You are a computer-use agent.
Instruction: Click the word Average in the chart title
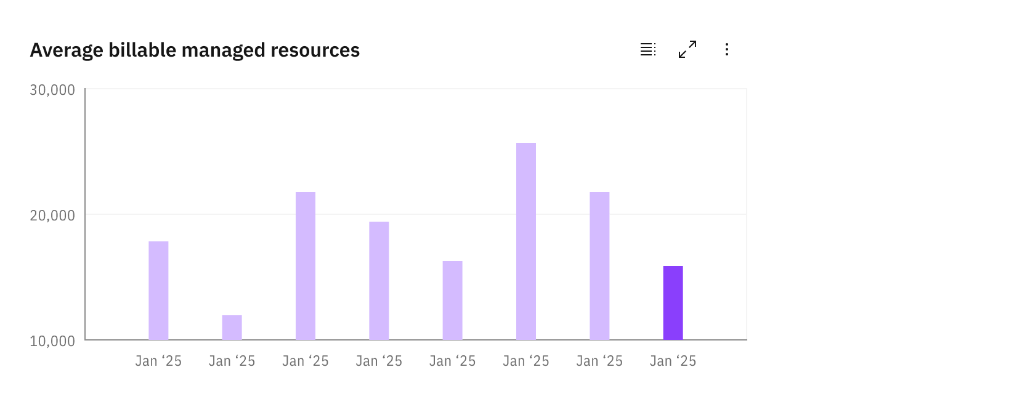[x=67, y=50]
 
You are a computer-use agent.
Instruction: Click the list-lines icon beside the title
[x=647, y=49]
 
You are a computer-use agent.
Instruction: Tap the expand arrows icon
[x=687, y=49]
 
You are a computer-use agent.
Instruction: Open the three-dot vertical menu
[x=727, y=49]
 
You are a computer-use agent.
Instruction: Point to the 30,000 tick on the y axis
[x=52, y=90]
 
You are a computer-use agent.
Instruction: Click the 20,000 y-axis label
[x=52, y=216]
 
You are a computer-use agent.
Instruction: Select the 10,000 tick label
[x=52, y=341]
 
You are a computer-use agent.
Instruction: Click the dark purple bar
[x=673, y=303]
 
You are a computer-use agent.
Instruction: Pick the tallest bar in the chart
[x=526, y=241]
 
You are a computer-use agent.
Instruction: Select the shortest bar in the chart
[x=232, y=328]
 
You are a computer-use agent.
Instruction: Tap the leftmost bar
[x=158, y=291]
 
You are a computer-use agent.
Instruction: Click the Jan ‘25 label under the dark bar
[x=673, y=361]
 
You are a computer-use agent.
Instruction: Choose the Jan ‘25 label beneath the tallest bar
[x=526, y=361]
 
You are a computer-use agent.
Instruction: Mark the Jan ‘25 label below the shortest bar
[x=232, y=361]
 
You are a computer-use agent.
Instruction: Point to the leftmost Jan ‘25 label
[x=158, y=361]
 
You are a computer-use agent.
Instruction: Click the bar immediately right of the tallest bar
[x=599, y=266]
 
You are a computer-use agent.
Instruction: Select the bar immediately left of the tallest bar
[x=453, y=300]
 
